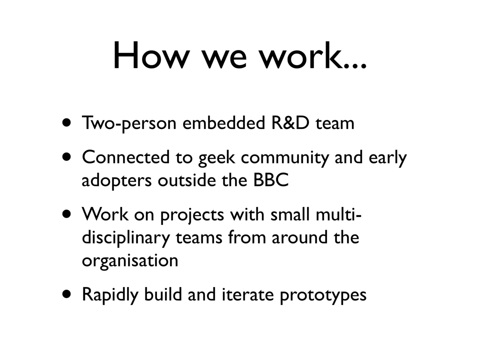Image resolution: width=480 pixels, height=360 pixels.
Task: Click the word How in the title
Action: (x=151, y=55)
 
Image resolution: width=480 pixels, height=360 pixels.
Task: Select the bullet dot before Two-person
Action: (x=66, y=123)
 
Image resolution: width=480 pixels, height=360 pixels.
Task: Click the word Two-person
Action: (x=129, y=123)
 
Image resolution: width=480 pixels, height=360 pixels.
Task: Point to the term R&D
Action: (x=290, y=122)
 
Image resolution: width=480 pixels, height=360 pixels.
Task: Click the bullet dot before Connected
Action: (x=66, y=157)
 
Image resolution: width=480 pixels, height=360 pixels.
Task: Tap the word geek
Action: (x=216, y=158)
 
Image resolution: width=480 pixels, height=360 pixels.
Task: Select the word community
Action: (x=284, y=158)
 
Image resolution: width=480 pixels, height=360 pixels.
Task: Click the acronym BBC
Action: (x=271, y=180)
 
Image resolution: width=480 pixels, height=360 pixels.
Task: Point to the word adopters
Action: (x=116, y=180)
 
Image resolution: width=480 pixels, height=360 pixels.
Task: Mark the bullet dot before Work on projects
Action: (x=66, y=214)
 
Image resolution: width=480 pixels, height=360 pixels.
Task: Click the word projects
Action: (x=192, y=215)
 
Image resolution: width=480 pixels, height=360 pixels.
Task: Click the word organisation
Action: (x=130, y=261)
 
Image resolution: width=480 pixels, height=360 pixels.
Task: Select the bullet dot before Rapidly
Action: (x=66, y=294)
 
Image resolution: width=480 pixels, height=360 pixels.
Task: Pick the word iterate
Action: (x=247, y=294)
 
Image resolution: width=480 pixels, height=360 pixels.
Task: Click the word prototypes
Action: (x=323, y=295)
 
